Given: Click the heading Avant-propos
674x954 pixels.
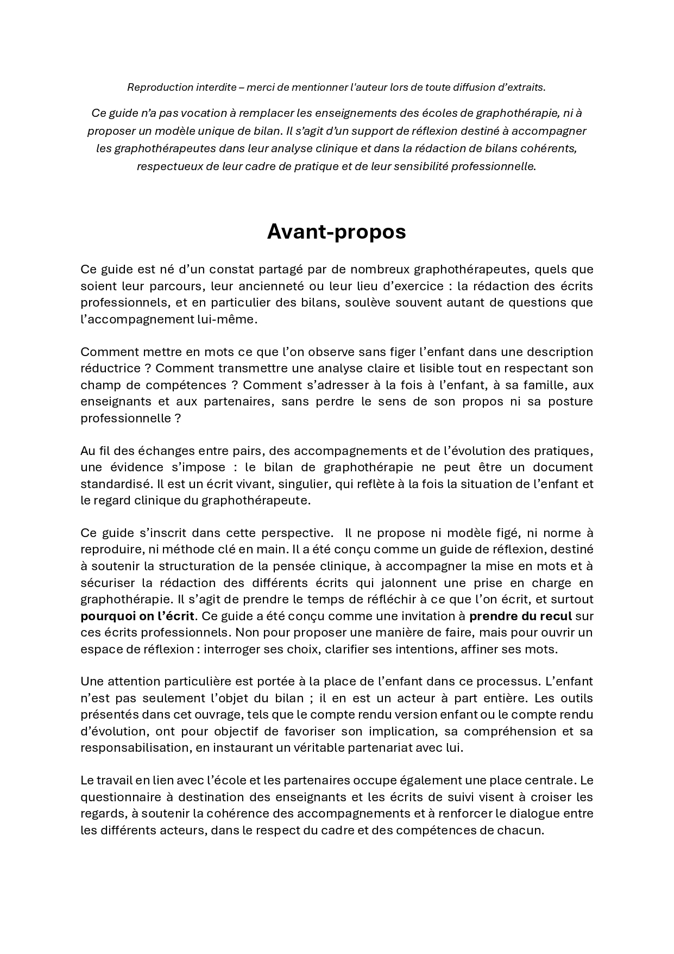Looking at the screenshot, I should [x=336, y=232].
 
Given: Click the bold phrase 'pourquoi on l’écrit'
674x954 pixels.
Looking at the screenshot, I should [x=137, y=616].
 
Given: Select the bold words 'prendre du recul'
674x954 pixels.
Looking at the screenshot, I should [x=520, y=616].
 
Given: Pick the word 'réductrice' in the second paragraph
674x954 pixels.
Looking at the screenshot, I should [x=111, y=369].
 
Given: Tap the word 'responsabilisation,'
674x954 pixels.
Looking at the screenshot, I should [x=136, y=747].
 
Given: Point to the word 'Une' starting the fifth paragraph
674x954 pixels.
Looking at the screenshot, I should [x=91, y=682].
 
